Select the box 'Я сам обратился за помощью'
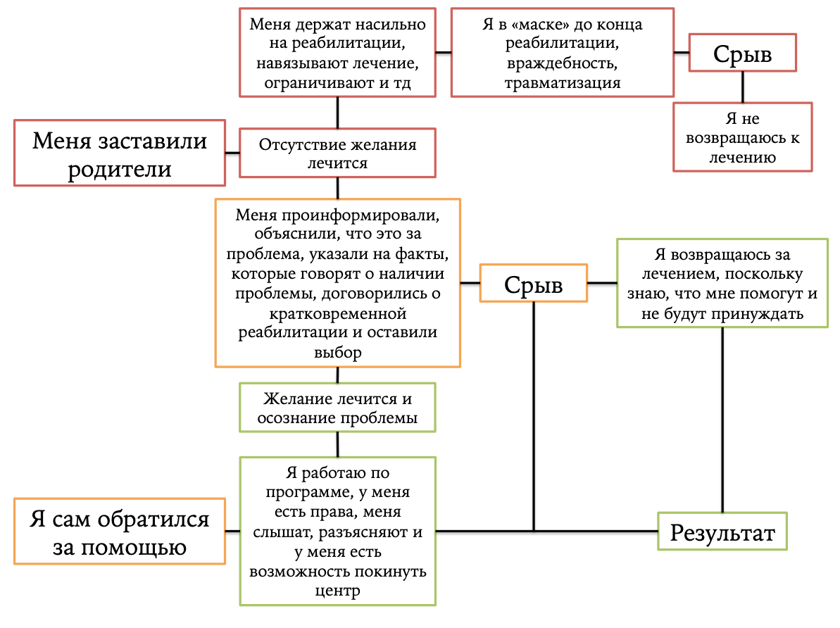point(120,532)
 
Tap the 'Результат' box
point(722,532)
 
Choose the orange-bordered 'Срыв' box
point(533,283)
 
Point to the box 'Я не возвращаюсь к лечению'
point(743,137)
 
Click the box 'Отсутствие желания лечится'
point(337,153)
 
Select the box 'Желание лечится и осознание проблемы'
point(337,408)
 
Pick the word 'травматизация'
point(562,82)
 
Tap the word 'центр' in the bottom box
point(337,590)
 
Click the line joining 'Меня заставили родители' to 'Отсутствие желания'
point(232,153)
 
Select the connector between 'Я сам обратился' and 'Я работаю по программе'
point(232,531)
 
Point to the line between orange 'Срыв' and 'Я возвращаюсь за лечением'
point(602,283)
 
